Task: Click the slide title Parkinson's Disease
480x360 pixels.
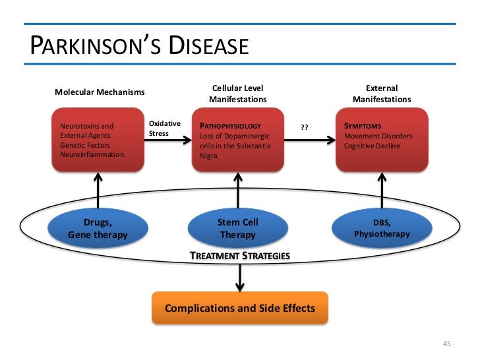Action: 139,46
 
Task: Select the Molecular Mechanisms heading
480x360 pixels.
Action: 99,92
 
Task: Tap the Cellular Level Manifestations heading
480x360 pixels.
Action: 237,94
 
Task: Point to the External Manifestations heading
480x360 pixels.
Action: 381,94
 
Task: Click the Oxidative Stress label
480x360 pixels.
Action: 161,129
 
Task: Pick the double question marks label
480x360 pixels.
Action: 305,128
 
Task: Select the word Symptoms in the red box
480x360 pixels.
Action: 362,126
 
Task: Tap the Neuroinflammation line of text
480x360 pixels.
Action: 92,154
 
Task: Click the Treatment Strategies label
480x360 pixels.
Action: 239,255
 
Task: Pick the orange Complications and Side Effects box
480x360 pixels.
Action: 239,308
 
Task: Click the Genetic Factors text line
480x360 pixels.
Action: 84,145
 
